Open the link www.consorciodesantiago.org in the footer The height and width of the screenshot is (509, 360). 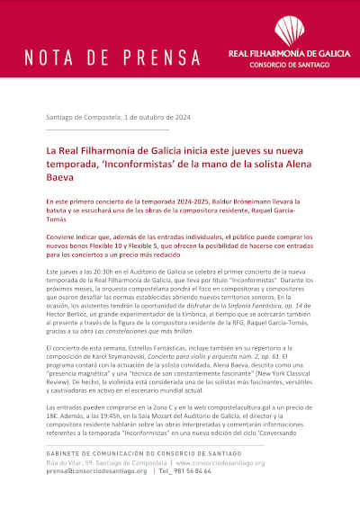pos(220,462)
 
